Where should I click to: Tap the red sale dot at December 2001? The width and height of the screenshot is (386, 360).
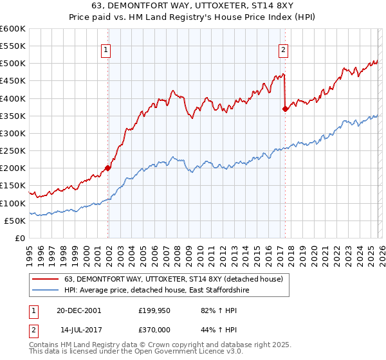[107, 168]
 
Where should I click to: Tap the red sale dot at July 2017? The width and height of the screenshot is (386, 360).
[285, 109]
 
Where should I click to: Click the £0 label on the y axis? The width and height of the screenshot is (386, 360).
[19, 238]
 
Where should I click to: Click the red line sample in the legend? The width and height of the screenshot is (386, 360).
[45, 279]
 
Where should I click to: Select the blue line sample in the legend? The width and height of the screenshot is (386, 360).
[45, 291]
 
